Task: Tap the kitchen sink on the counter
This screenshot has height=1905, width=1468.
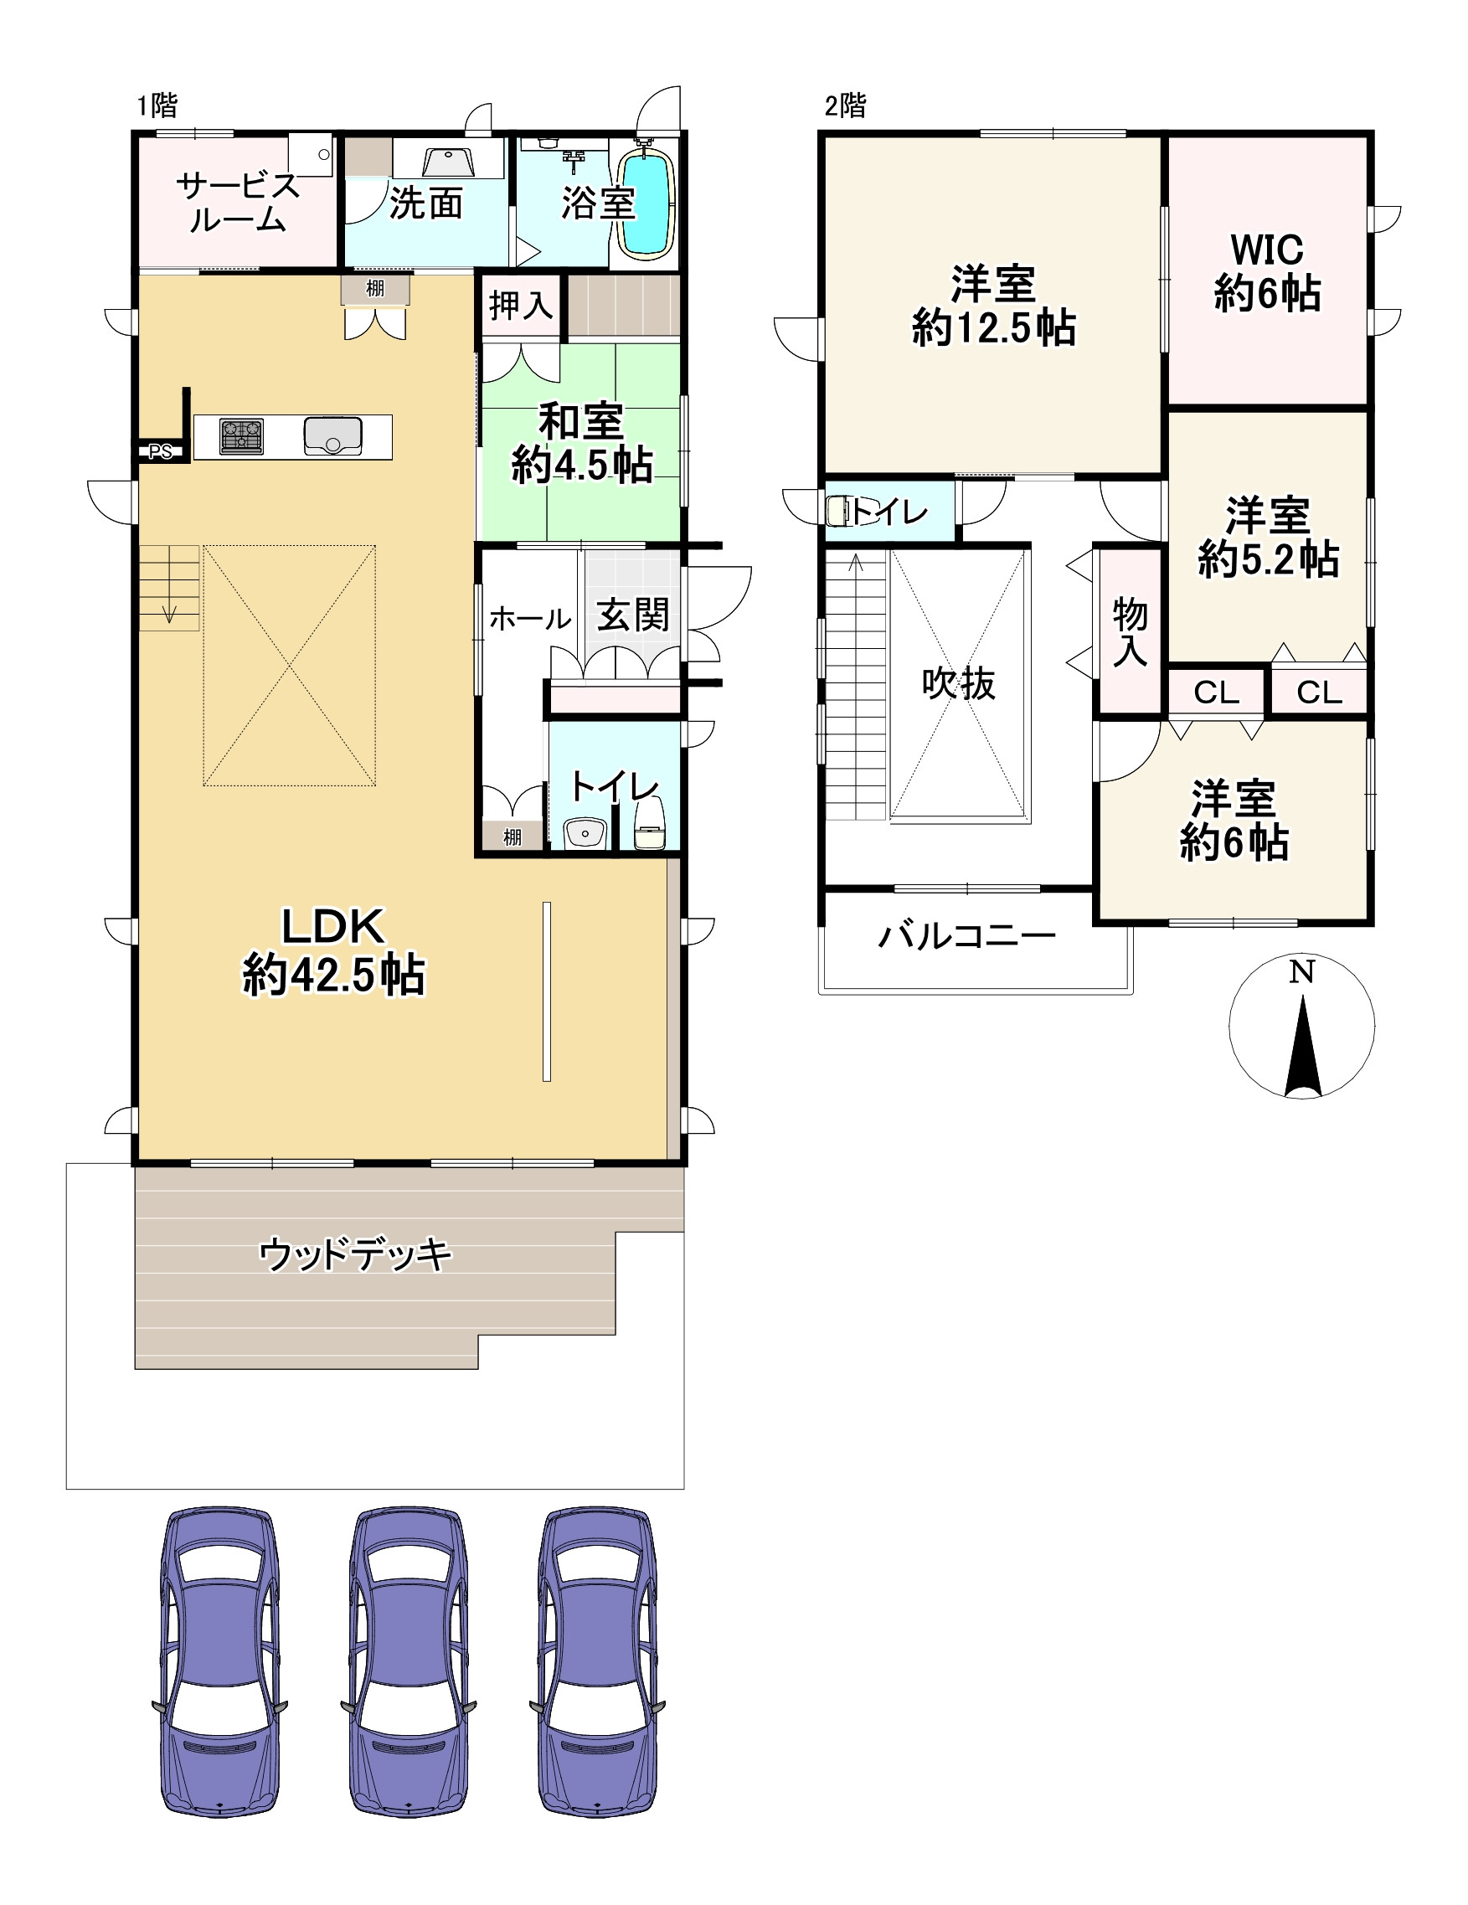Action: (332, 436)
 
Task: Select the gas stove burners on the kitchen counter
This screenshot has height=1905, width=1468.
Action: (242, 436)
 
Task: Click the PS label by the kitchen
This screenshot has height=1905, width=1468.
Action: (161, 452)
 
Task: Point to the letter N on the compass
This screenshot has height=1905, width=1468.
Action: (1301, 971)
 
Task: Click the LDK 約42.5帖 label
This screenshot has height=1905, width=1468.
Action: (333, 950)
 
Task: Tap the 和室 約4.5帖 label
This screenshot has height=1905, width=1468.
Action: (582, 443)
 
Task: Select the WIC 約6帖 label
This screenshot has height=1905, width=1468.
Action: (1267, 272)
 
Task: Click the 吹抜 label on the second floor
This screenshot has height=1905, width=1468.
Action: (959, 683)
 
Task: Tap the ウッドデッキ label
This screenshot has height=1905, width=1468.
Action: (356, 1255)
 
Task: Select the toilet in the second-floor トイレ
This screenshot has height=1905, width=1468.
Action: (839, 511)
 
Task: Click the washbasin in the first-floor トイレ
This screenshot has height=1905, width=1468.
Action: (585, 833)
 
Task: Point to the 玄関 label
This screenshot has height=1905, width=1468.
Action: (633, 615)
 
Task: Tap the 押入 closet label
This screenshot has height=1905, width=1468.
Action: (521, 306)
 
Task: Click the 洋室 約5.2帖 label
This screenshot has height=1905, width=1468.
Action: (1268, 538)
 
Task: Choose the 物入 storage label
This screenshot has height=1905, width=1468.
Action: (1131, 632)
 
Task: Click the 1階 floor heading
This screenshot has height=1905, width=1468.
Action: (157, 106)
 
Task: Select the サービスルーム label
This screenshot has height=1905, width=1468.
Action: (237, 203)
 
